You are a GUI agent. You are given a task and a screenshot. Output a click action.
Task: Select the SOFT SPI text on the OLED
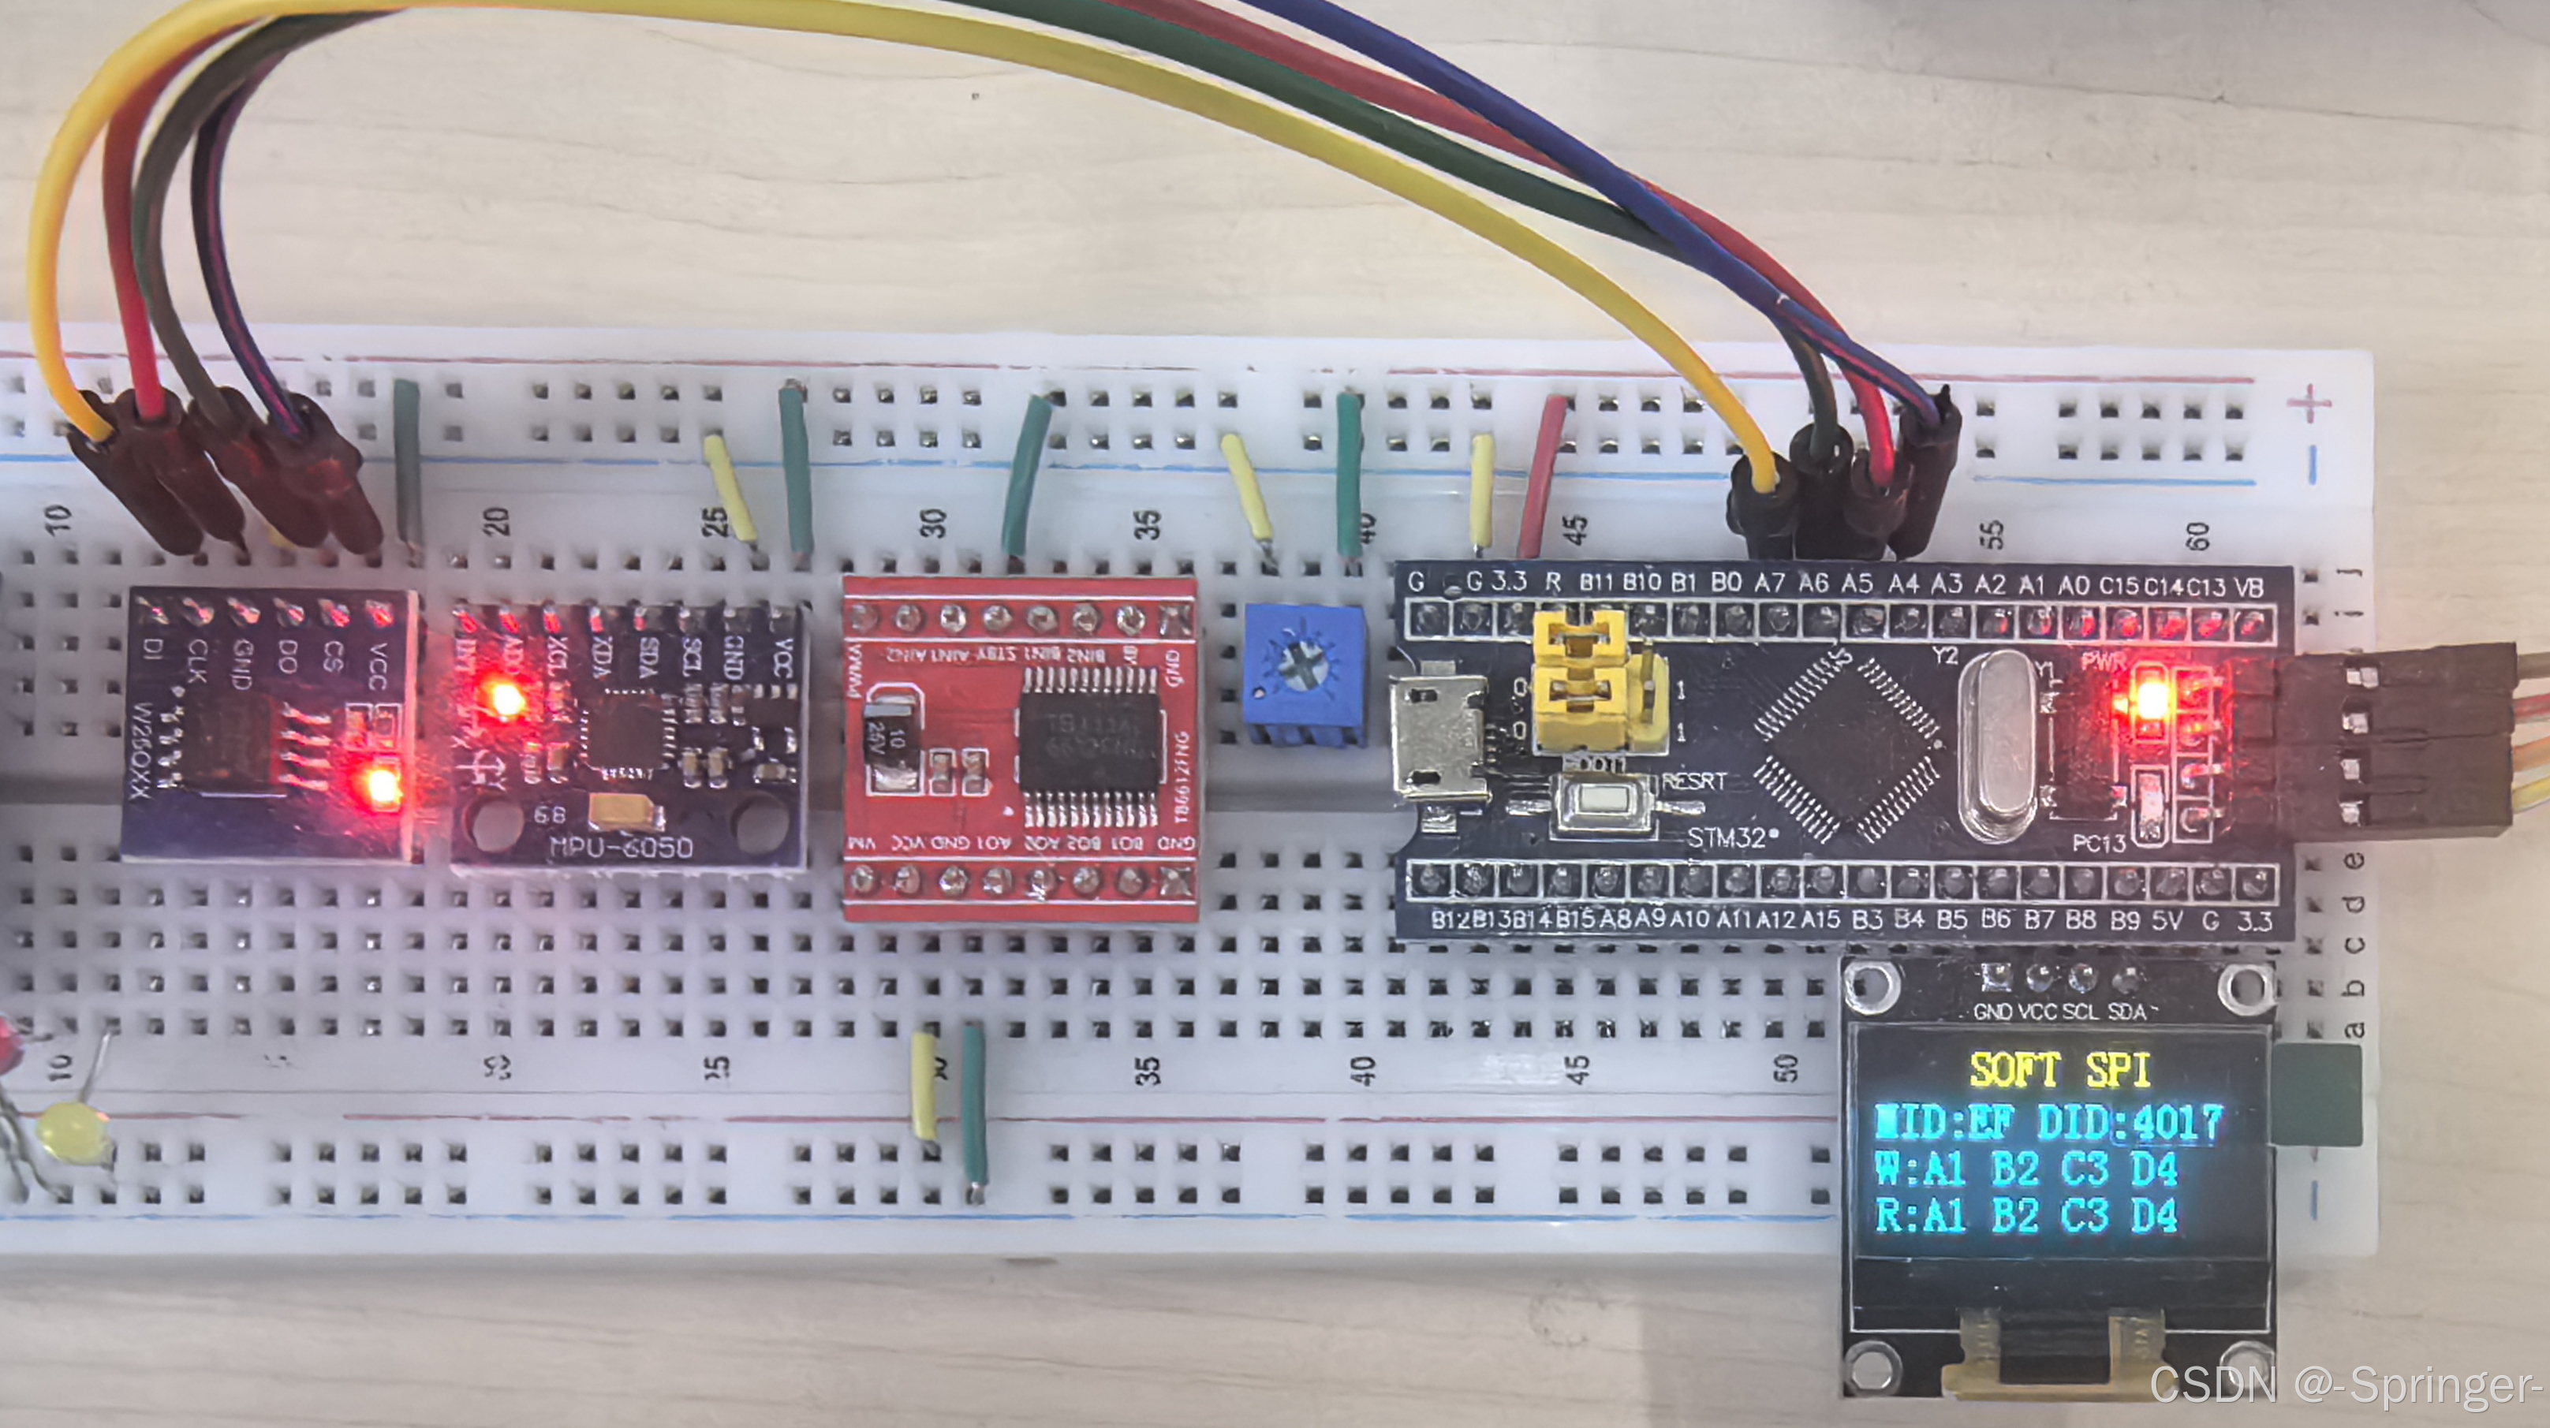(x=2059, y=1071)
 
